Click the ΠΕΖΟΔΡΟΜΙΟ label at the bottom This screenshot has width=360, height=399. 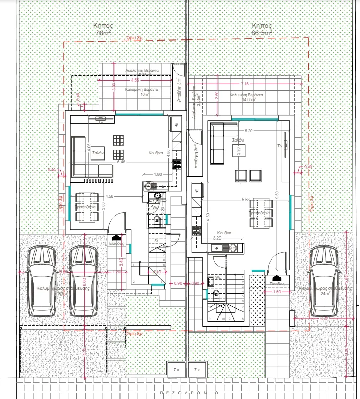pos(189,392)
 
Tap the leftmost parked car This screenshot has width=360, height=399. pos(42,281)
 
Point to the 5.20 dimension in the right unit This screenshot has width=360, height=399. pos(249,131)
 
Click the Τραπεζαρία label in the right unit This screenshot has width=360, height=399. pos(259,213)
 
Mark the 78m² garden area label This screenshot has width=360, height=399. pos(104,33)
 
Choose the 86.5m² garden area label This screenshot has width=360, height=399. pos(262,33)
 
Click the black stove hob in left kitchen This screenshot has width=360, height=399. pos(176,165)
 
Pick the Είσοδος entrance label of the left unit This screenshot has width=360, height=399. pos(116,243)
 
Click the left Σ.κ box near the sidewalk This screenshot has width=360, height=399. pos(174,369)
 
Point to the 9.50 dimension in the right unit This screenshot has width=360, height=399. pos(276,194)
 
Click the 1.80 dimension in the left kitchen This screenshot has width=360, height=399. pos(158,175)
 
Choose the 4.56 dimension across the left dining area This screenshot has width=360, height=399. pos(109,196)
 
